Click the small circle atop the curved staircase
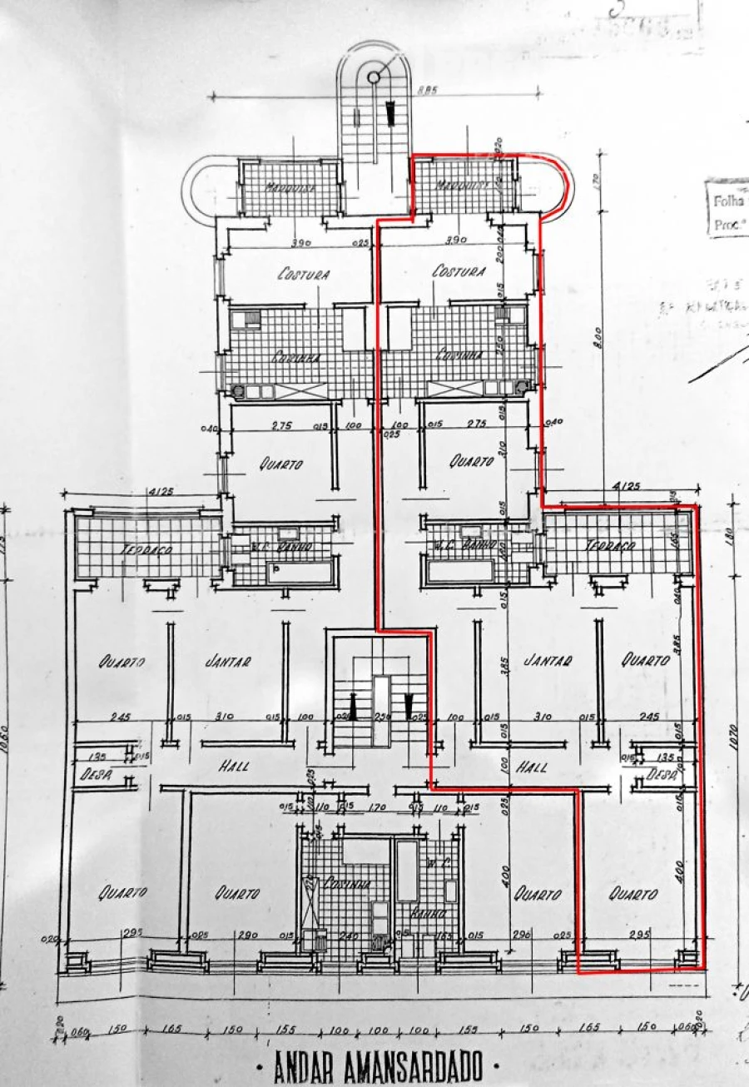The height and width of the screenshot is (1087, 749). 374,77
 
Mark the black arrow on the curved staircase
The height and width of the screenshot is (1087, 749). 389,112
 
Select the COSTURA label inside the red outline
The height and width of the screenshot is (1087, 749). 459,271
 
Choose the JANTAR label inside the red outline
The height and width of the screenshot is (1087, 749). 548,661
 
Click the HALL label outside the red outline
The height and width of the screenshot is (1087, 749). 235,767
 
